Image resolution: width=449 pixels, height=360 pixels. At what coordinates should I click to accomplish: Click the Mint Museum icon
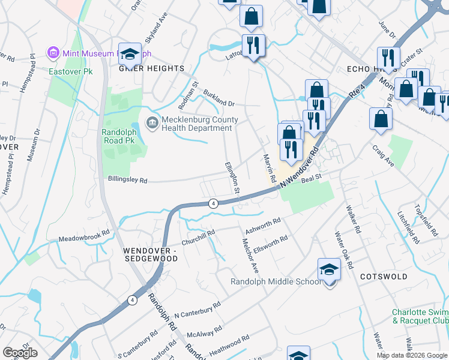click(x=53, y=53)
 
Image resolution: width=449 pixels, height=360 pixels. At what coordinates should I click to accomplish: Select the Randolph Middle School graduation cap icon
click(x=329, y=271)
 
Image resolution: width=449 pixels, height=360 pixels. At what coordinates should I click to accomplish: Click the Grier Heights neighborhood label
click(x=151, y=69)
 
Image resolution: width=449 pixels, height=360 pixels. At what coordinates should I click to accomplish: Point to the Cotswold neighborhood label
click(x=384, y=277)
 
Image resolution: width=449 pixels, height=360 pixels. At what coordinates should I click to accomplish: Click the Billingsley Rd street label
click(x=127, y=179)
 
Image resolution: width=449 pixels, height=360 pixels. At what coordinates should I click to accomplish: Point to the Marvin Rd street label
click(x=268, y=166)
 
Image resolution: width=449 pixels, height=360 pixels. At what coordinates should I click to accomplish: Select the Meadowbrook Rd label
click(x=84, y=235)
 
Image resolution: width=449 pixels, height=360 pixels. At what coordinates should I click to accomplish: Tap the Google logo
click(x=19, y=353)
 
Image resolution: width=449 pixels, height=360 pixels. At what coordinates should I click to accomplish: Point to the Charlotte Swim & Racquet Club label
click(x=420, y=316)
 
